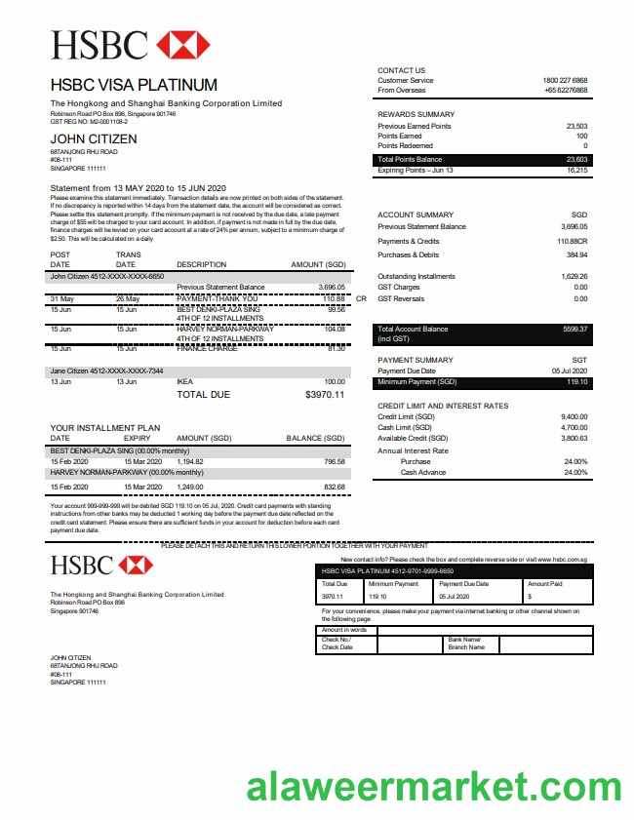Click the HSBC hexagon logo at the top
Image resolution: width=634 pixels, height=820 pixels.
point(182,44)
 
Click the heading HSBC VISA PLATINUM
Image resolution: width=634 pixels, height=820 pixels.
point(134,85)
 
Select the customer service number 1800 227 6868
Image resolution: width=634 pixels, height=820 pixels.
point(565,80)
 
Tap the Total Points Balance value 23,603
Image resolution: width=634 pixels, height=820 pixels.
point(576,159)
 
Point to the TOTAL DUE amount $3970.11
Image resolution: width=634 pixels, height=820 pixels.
point(325,395)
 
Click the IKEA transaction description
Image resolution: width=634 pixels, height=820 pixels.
point(185,382)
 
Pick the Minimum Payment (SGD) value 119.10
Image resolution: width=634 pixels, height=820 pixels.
point(577,381)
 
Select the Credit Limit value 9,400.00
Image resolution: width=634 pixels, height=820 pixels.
point(575,417)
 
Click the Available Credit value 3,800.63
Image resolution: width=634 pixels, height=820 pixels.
point(575,438)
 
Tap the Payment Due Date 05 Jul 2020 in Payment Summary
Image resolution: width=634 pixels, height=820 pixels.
point(569,371)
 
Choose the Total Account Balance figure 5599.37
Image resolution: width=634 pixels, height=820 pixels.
point(575,330)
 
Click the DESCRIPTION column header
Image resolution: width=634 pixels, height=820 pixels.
point(201,265)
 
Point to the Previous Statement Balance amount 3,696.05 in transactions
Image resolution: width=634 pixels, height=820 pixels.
point(332,288)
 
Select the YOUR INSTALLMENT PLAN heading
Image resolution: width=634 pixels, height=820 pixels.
point(104,428)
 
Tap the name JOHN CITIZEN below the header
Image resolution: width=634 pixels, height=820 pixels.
point(94,138)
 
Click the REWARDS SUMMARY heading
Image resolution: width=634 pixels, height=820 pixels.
point(416,114)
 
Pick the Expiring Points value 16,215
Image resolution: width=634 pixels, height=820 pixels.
point(576,171)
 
